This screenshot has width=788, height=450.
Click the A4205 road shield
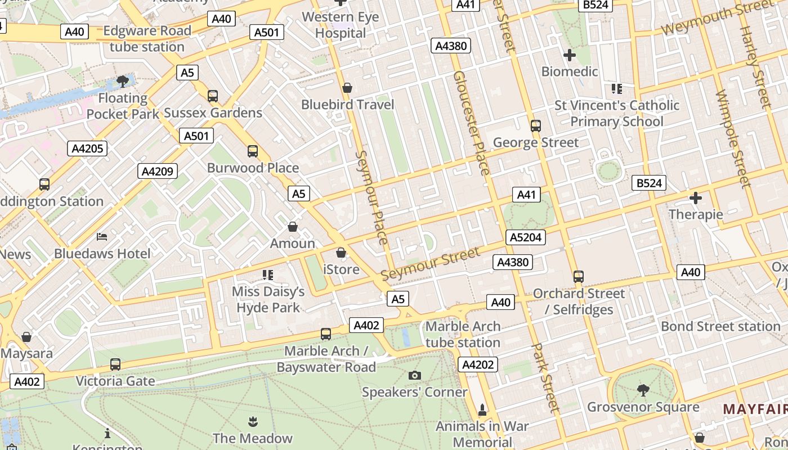[x=87, y=148]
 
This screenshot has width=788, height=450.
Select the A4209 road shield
[x=158, y=171]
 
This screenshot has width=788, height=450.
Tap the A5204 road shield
[x=526, y=237]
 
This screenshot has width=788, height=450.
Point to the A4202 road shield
[x=478, y=364]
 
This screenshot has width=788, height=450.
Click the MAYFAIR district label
[x=755, y=409]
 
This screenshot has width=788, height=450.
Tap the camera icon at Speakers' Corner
[x=414, y=375]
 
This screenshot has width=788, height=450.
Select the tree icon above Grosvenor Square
[x=643, y=390]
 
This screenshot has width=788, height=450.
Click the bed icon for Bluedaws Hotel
[x=102, y=236]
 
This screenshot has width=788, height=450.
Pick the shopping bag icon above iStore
[x=341, y=253]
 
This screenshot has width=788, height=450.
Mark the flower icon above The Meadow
[x=252, y=421]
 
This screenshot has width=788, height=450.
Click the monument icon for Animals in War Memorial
[x=482, y=409]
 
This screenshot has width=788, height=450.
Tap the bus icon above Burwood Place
[x=253, y=151]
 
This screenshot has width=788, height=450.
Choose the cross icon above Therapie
[x=696, y=198]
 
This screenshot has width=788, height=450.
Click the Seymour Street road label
[x=431, y=263]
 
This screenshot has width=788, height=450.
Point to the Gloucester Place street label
[x=471, y=123]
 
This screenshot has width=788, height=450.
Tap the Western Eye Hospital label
[x=340, y=25]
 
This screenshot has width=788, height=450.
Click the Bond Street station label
[x=720, y=326]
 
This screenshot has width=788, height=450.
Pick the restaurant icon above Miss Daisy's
[x=268, y=274]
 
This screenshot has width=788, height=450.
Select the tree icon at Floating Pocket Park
[x=122, y=82]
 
